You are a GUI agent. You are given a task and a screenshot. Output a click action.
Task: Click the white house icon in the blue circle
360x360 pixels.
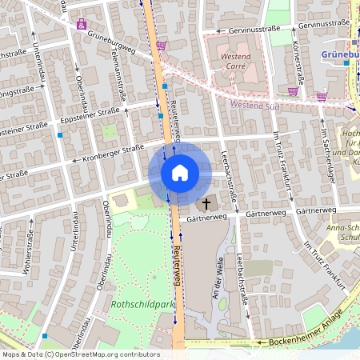pyautogui.click(x=179, y=173)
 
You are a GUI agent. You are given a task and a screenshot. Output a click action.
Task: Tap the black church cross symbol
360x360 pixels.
pyautogui.click(x=206, y=204)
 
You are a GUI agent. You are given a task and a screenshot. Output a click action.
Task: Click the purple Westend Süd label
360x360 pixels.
pyautogui.click(x=254, y=105)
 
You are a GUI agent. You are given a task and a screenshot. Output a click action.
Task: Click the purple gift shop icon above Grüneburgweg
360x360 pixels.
pyautogui.click(x=82, y=24)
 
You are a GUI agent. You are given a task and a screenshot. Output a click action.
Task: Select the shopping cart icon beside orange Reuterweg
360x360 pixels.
pyautogui.click(x=161, y=46)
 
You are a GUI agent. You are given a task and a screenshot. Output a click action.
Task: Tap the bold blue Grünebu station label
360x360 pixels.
pyautogui.click(x=339, y=54)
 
